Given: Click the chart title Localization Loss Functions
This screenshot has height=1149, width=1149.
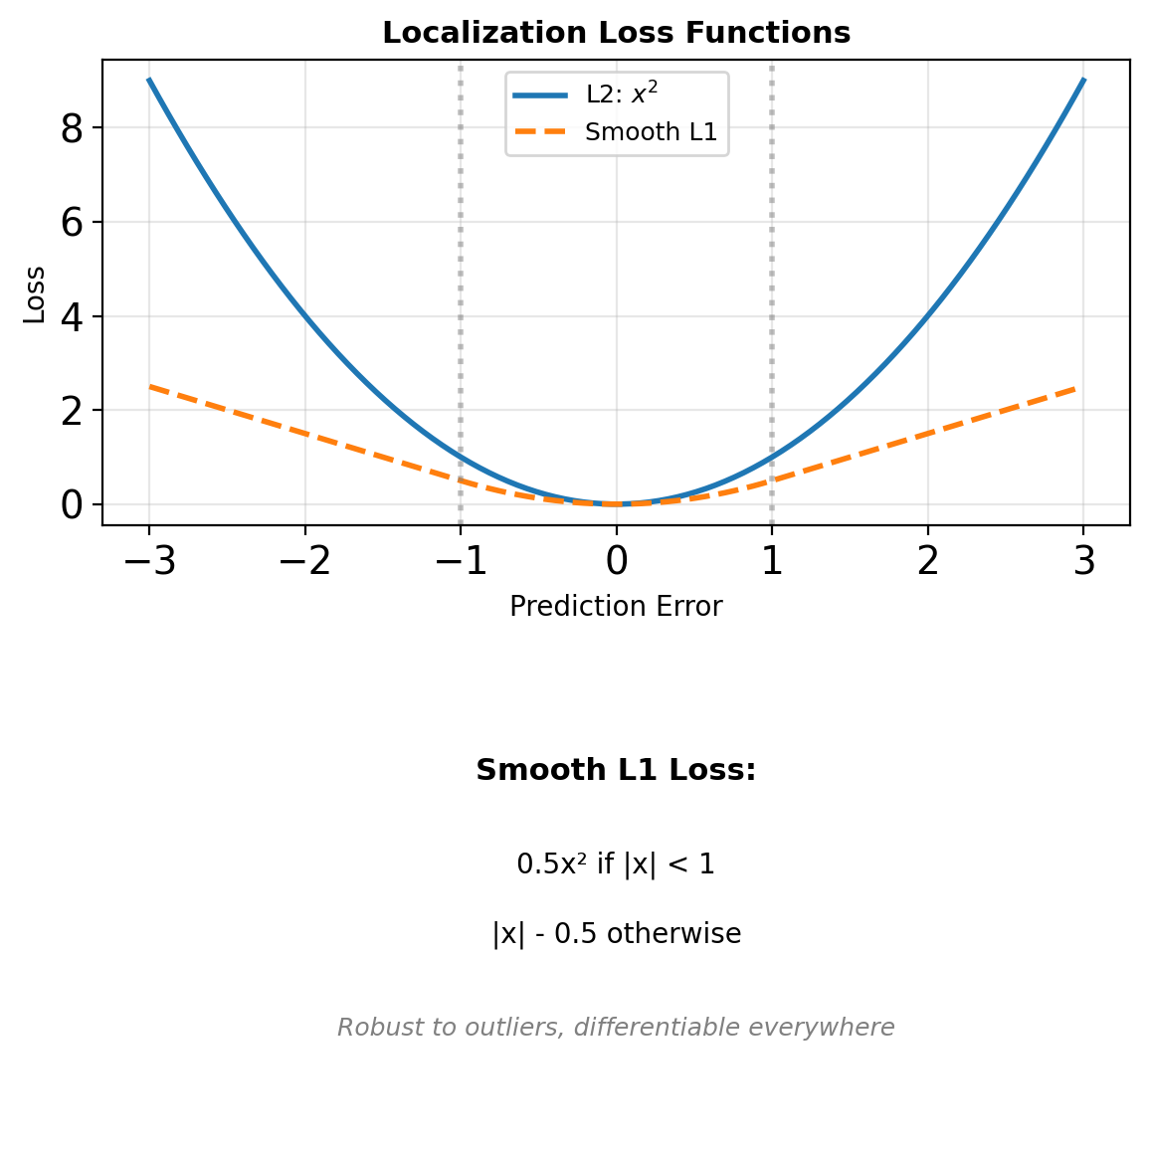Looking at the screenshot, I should pyautogui.click(x=616, y=33).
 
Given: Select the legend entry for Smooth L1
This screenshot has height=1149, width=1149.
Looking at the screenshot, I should pyautogui.click(x=651, y=132).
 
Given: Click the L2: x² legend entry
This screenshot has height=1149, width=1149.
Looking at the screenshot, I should pyautogui.click(x=622, y=95).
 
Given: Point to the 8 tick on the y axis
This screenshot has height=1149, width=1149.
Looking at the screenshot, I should pyautogui.click(x=72, y=128).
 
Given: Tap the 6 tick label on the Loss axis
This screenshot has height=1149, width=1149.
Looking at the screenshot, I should pyautogui.click(x=72, y=222).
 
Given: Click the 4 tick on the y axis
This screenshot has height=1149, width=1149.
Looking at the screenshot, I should pyautogui.click(x=72, y=316).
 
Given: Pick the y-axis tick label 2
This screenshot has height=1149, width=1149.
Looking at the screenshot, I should pyautogui.click(x=72, y=410).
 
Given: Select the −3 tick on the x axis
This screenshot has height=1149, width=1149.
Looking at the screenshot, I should pyautogui.click(x=149, y=562).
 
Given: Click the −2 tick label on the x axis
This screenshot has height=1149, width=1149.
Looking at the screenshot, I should pyautogui.click(x=304, y=562).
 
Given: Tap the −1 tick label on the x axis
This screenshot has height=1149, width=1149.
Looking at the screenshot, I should pyautogui.click(x=461, y=562).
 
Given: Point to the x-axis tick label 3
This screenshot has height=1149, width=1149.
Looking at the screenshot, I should pyautogui.click(x=1083, y=562).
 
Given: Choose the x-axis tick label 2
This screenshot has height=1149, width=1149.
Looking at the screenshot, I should pyautogui.click(x=928, y=562).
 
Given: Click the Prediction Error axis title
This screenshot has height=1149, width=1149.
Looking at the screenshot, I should pyautogui.click(x=616, y=606).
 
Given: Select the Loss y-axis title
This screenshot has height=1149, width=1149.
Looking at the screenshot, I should pyautogui.click(x=35, y=294).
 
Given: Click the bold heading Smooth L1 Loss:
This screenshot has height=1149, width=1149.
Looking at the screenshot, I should pyautogui.click(x=616, y=770).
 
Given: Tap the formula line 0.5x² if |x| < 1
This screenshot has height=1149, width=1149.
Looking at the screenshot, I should pyautogui.click(x=616, y=864).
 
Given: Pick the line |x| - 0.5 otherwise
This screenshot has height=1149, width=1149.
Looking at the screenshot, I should pyautogui.click(x=616, y=934).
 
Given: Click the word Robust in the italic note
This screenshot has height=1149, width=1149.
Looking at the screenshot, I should pyautogui.click(x=367, y=1028).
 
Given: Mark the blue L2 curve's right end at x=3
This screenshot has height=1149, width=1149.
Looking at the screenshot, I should pyautogui.click(x=1083, y=80).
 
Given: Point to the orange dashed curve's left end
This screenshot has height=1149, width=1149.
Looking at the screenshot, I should pyautogui.click(x=149, y=386).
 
